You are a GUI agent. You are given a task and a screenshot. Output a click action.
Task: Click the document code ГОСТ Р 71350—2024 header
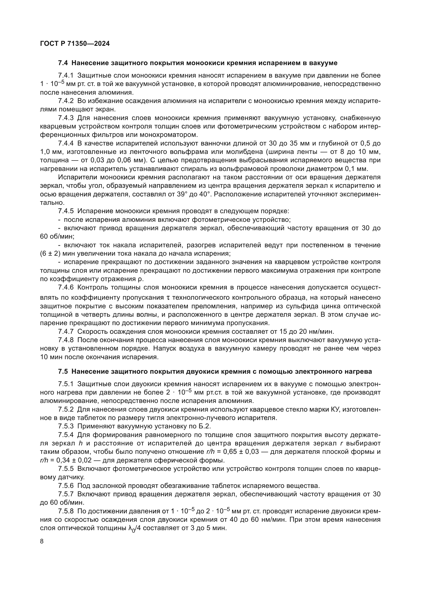click(x=75, y=43)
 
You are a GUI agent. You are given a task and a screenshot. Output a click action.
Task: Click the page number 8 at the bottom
click(x=42, y=541)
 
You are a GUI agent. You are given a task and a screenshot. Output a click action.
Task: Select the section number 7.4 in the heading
click(x=63, y=63)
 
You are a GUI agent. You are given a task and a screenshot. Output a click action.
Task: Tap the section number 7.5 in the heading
click(x=63, y=371)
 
